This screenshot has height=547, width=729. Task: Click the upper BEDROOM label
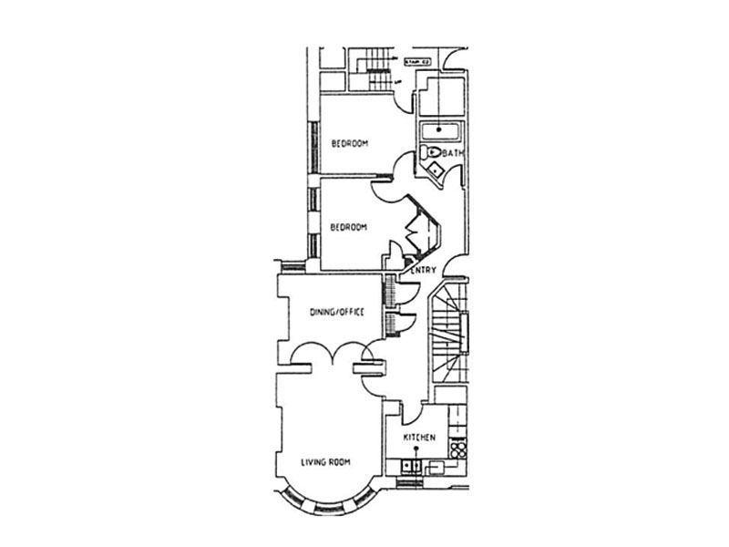349,143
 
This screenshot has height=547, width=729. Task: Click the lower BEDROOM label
349,227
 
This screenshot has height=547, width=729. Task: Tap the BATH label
453,154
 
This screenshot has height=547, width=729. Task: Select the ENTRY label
424,270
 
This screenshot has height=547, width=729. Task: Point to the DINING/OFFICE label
337,312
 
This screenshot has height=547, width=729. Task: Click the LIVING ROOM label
325,462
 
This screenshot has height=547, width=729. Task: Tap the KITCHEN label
419,439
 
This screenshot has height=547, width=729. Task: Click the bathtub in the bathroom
441,131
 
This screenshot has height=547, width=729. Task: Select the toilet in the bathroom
431,152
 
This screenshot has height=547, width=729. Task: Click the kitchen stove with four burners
458,449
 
